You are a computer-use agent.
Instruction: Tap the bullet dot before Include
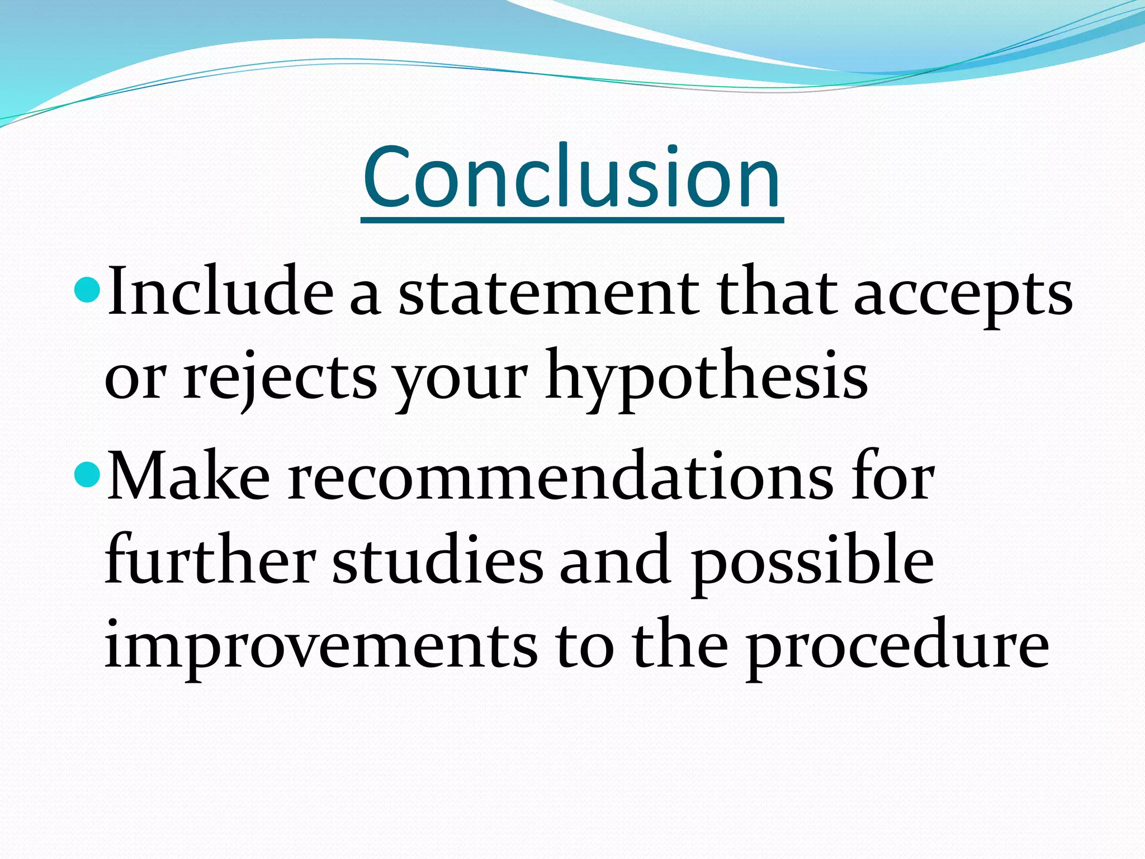point(87,289)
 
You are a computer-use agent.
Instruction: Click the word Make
point(188,477)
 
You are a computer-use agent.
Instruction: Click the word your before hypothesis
point(461,380)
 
